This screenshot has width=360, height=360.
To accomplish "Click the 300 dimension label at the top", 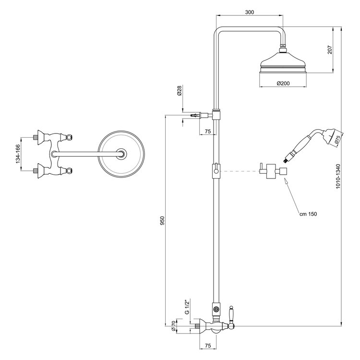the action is tap(250, 12).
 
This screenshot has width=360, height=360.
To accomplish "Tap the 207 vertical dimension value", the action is tap(330, 50).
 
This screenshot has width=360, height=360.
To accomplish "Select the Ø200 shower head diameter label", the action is tap(283, 84).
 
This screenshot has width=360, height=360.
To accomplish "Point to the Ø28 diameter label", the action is tap(180, 90).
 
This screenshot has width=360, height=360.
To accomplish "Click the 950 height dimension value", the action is tap(162, 221).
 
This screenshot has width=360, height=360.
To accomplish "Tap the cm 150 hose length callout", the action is tap(308, 214).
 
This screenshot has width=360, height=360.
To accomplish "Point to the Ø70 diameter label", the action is tap(173, 326).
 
